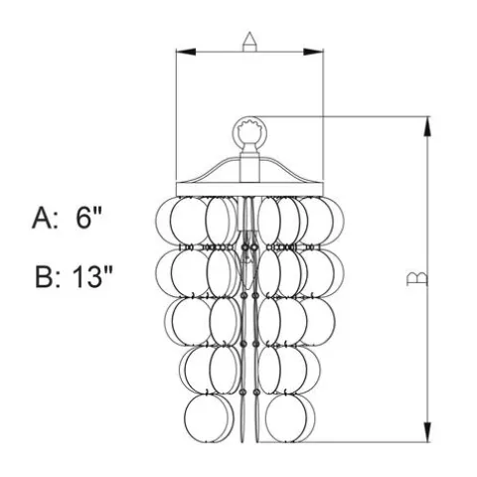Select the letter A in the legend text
pyautogui.click(x=42, y=219)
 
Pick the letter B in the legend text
pyautogui.click(x=44, y=277)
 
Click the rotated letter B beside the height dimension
pyautogui.click(x=417, y=278)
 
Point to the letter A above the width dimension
pyautogui.click(x=249, y=42)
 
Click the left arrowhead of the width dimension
pyautogui.click(x=186, y=52)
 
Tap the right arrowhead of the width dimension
pyautogui.click(x=313, y=52)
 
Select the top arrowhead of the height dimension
pyautogui.click(x=427, y=126)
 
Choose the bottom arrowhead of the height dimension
pyautogui.click(x=427, y=432)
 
